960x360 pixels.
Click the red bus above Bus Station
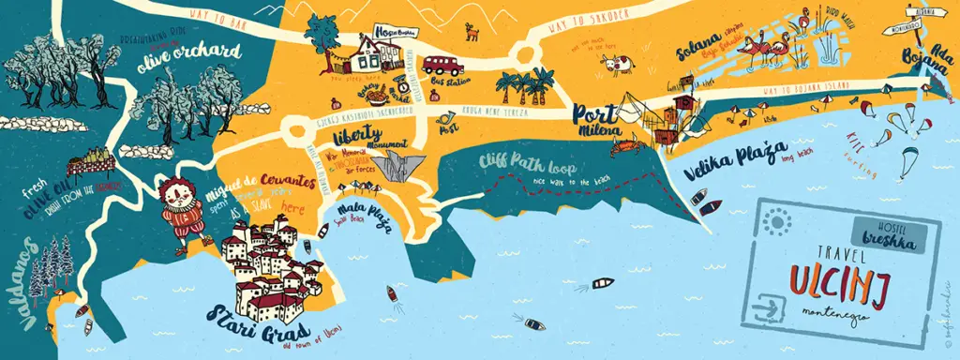point(442,65)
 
